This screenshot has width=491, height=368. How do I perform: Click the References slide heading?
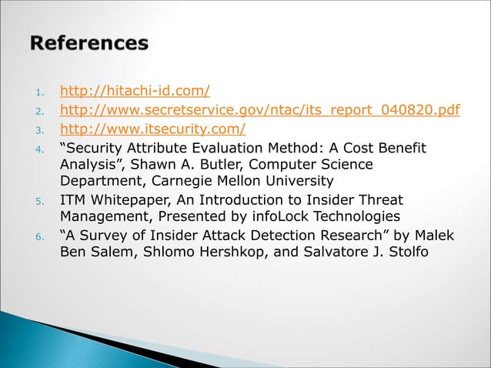(x=89, y=43)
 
